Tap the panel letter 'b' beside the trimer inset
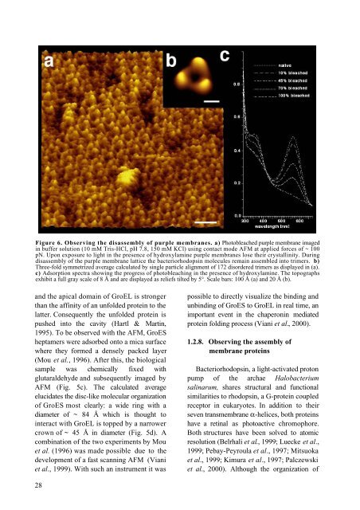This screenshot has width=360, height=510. tap(172, 59)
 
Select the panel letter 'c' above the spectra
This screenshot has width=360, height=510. tap(225, 56)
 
